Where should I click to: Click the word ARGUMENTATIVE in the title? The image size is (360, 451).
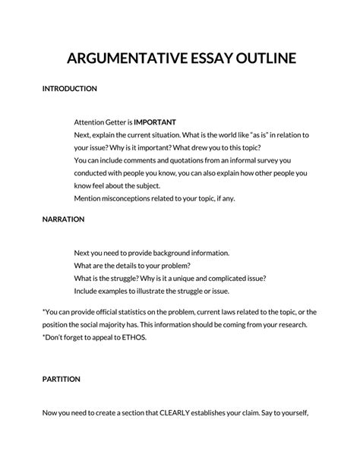point(120,58)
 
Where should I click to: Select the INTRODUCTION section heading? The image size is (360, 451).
point(69,88)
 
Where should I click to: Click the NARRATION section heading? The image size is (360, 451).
point(63,219)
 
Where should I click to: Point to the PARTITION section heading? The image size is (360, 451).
point(62,378)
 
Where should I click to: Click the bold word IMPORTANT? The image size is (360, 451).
point(155,121)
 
